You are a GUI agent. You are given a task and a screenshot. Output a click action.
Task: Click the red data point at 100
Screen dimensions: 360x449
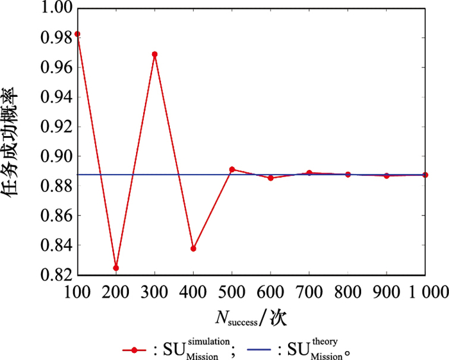78,34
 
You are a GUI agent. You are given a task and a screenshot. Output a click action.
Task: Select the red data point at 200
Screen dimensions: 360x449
116,268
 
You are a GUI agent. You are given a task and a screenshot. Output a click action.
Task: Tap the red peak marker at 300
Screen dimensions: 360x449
155,55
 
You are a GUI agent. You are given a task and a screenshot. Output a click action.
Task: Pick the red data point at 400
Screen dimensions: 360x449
193,248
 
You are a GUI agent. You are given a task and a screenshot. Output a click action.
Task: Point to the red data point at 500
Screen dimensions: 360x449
232,169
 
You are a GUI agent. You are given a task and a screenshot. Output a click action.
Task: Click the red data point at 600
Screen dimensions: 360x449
271,178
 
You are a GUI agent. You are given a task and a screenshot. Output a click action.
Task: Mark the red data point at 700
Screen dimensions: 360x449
309,173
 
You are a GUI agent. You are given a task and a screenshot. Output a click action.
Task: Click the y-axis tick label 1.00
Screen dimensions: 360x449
54,8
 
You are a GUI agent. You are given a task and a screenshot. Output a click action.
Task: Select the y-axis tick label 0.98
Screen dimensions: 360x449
54,38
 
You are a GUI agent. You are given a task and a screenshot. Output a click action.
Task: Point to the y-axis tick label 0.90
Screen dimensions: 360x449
54,156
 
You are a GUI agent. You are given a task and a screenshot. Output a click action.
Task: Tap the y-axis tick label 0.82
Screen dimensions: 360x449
54,275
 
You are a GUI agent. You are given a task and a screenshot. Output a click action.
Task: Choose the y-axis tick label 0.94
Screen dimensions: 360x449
54,97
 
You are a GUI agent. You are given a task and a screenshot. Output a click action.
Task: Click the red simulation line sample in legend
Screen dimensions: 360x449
134,350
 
